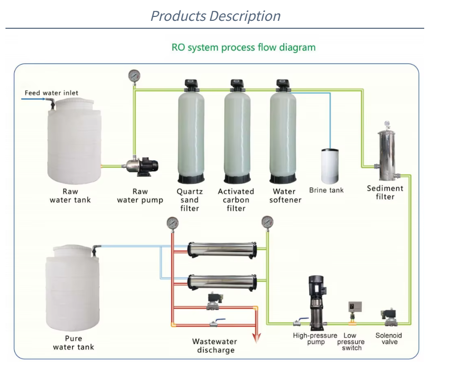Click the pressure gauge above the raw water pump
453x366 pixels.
tap(134, 76)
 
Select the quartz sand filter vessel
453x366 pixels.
tap(192, 131)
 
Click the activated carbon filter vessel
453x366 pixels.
tap(237, 131)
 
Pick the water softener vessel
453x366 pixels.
tap(283, 131)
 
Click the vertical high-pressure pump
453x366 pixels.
tap(316, 303)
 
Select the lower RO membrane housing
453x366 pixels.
tap(222, 282)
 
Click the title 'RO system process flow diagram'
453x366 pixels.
tap(243, 48)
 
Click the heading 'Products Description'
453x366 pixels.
tap(215, 16)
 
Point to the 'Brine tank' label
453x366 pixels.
tap(326, 190)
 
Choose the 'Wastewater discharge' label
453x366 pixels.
tap(215, 346)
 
